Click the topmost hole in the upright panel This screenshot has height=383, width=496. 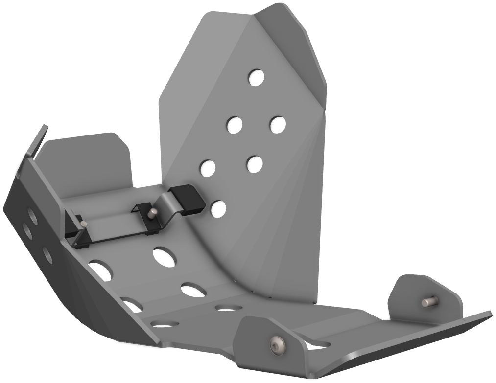[x=256, y=77]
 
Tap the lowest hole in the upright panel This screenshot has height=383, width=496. [x=218, y=209]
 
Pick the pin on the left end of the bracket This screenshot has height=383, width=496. [x=83, y=224]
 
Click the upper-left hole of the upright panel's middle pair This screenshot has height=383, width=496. [x=234, y=125]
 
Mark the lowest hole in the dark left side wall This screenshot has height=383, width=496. [x=47, y=254]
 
